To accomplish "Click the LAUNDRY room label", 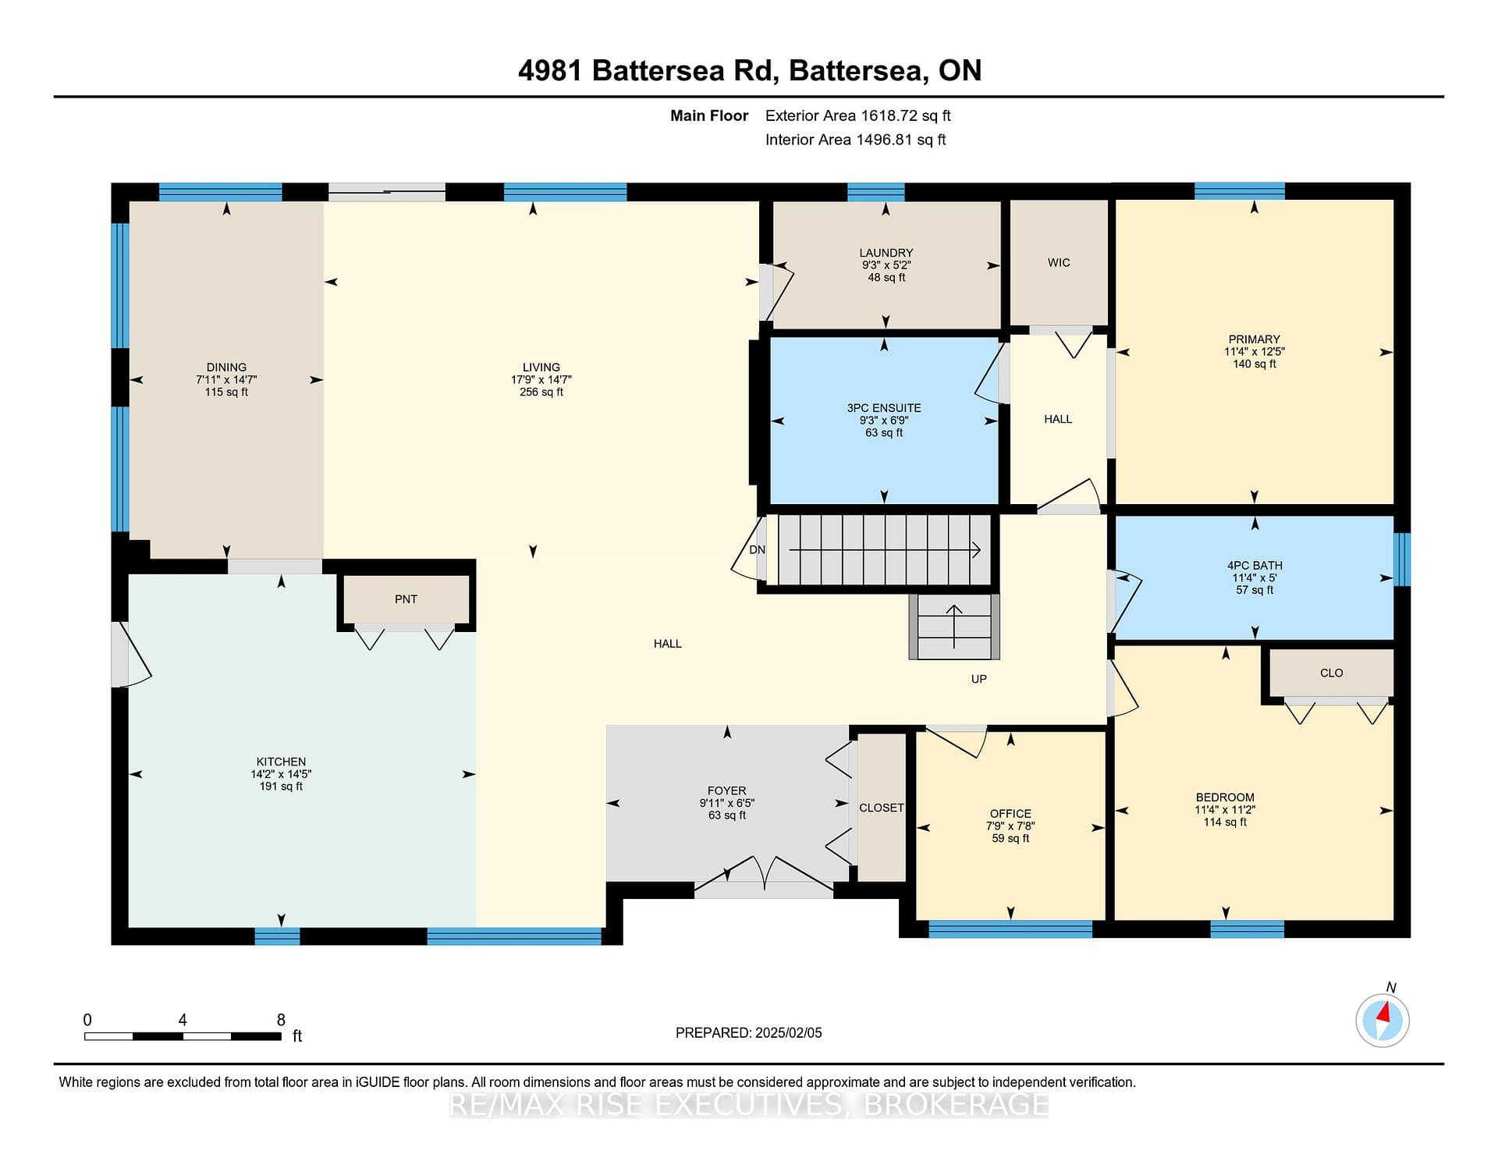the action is tap(886, 253).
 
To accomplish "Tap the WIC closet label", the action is tap(1059, 263).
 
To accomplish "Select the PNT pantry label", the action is tap(406, 599).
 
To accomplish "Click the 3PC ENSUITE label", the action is tap(884, 408).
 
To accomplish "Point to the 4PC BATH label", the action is tap(1255, 566).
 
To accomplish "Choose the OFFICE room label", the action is tap(1010, 814).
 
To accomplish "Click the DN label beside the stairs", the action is tap(757, 550).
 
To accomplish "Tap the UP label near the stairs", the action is tap(979, 679).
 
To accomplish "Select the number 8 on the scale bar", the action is tap(281, 1020).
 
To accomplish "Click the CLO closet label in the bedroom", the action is tap(1331, 673).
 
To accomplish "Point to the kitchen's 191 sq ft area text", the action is tap(281, 787).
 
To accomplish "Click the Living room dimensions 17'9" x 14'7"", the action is tap(541, 380).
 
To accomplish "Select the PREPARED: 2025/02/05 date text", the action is tap(749, 1033).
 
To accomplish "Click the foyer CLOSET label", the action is tap(882, 808).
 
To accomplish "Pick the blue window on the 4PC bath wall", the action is tap(1402, 559).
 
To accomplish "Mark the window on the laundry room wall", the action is tap(875, 192).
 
